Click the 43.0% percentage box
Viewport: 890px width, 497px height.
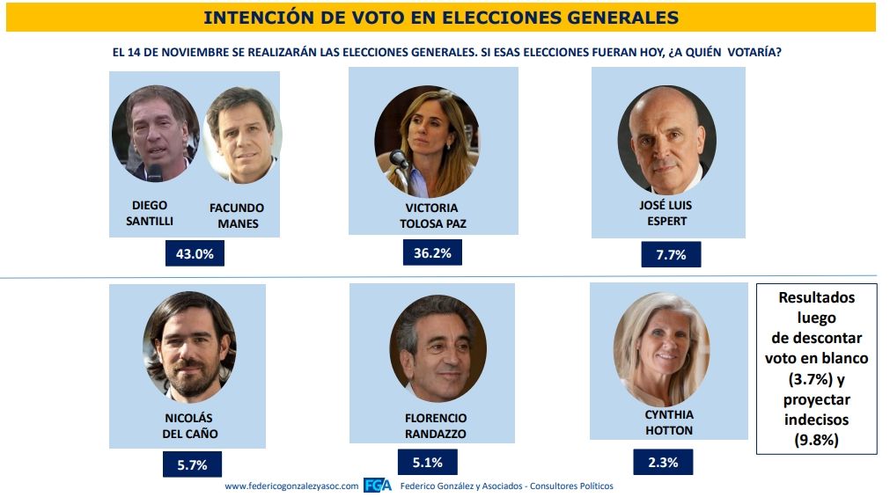(195, 253)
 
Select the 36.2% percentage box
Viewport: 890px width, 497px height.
(431, 252)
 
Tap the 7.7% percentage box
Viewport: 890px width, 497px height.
(671, 256)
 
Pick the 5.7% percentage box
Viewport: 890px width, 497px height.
(191, 464)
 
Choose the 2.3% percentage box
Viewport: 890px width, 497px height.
(663, 461)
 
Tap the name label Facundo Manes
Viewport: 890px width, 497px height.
(237, 216)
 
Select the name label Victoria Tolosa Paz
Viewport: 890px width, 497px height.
(431, 216)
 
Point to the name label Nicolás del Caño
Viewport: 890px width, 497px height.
(189, 426)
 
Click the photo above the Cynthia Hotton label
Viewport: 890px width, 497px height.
(661, 349)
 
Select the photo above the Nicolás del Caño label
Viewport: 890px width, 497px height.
(190, 346)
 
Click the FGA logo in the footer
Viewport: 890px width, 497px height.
(378, 486)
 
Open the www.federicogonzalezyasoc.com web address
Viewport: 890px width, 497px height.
(291, 486)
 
